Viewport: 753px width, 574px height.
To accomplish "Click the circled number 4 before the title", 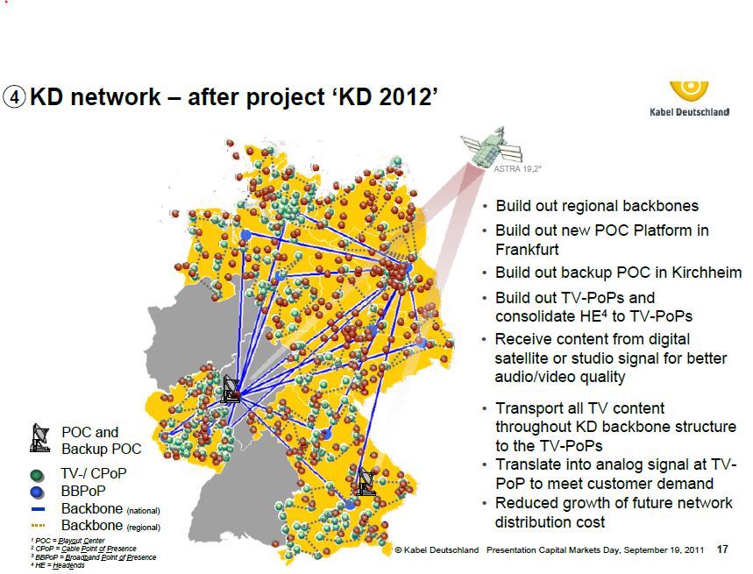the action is tap(14, 97).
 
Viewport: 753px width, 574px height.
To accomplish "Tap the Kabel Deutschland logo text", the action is tap(689, 112).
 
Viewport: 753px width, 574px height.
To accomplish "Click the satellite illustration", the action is tap(491, 147).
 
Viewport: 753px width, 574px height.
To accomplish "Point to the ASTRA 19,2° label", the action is tap(517, 169).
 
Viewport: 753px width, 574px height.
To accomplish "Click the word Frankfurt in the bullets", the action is tap(527, 250).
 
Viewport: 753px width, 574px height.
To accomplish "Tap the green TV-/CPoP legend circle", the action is tap(37, 475).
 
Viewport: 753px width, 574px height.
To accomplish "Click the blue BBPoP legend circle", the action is tap(37, 492).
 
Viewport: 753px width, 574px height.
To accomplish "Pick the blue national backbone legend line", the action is tap(38, 509).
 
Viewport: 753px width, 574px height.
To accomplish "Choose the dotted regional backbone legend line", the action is tap(38, 526).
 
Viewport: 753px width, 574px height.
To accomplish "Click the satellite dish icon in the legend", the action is tap(39, 438).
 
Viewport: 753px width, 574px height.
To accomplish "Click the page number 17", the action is tap(722, 549).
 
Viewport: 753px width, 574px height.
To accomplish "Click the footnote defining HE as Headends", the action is tap(57, 566).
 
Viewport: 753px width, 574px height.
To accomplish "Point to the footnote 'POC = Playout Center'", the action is tap(67, 541).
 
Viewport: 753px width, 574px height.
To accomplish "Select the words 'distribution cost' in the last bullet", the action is tap(550, 522).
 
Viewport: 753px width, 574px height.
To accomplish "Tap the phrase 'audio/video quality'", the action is tap(560, 377).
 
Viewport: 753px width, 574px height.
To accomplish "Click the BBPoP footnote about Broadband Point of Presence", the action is tap(93, 557).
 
